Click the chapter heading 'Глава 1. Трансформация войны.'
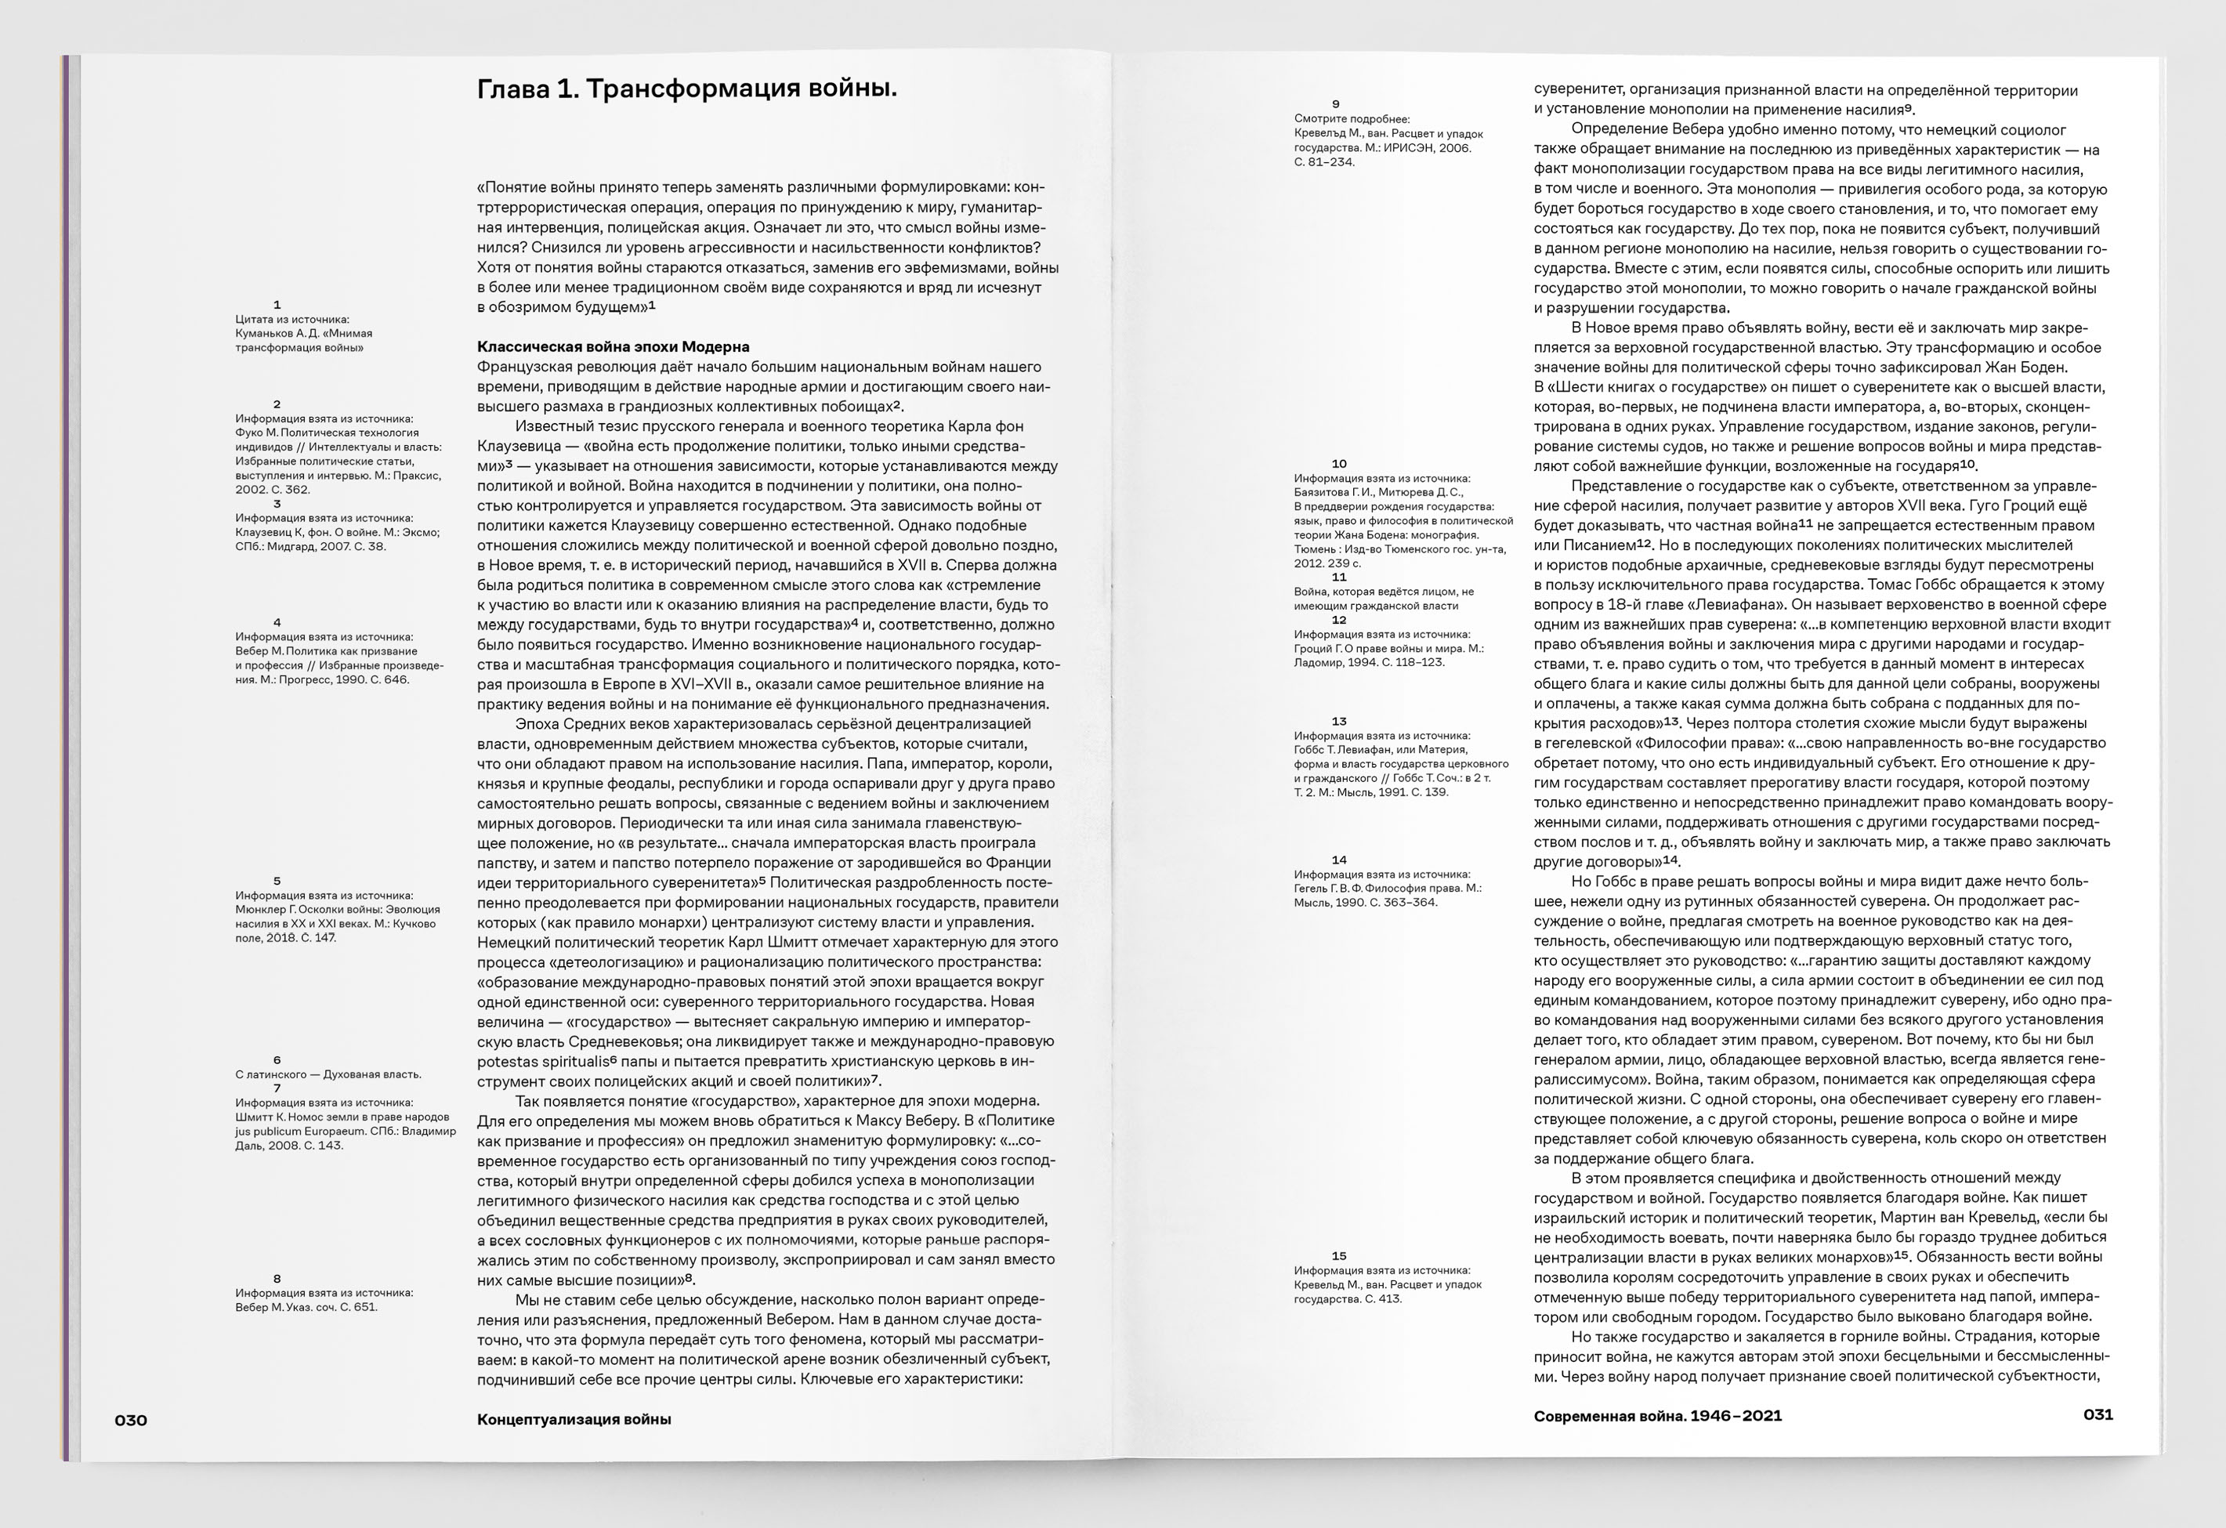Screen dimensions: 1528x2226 687,89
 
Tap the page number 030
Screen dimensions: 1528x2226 131,1419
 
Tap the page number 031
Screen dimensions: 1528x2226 2098,1414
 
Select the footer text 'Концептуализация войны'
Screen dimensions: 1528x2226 574,1419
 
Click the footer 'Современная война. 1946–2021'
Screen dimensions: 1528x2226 1657,1415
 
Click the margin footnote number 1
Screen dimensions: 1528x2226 277,305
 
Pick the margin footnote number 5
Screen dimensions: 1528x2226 277,882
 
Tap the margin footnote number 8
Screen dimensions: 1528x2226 277,1278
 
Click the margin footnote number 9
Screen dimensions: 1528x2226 1335,104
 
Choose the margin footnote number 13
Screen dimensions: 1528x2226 1339,722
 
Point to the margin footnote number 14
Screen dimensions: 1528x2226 1339,860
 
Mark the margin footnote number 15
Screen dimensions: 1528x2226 1339,1256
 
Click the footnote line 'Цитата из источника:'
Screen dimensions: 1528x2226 292,319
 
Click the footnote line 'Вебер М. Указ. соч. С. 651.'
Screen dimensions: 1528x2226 306,1307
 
